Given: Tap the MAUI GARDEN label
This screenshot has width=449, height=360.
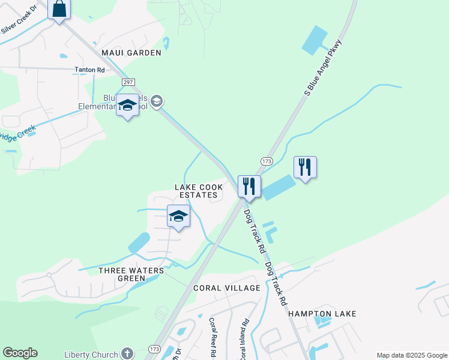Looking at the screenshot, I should (x=131, y=53).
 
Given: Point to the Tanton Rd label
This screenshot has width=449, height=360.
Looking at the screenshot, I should (x=89, y=70).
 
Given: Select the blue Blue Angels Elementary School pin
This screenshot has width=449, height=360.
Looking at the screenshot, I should (x=127, y=106).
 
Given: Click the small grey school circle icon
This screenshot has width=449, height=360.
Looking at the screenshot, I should (x=157, y=101).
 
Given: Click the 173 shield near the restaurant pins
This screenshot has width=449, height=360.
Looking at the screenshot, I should (x=267, y=161).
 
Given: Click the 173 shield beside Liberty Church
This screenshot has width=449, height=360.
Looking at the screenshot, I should (x=154, y=349).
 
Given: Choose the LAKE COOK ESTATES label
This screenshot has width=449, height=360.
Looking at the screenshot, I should (x=199, y=191).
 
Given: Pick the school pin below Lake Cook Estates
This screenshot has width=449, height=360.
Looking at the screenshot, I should (x=178, y=217).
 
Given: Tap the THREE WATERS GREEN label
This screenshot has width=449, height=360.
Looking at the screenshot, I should (x=131, y=274).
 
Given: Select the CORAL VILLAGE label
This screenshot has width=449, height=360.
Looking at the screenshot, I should (x=227, y=288).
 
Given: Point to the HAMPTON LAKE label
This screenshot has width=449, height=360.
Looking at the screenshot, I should (x=322, y=314).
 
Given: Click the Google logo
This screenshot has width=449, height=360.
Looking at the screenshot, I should (x=20, y=353).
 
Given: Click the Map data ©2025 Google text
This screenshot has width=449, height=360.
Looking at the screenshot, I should (x=411, y=355).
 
